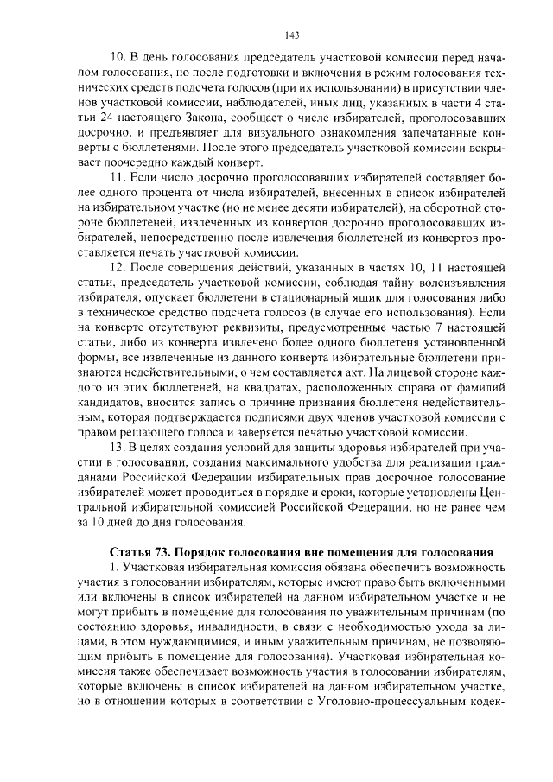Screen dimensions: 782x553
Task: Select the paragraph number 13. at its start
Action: [119, 447]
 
